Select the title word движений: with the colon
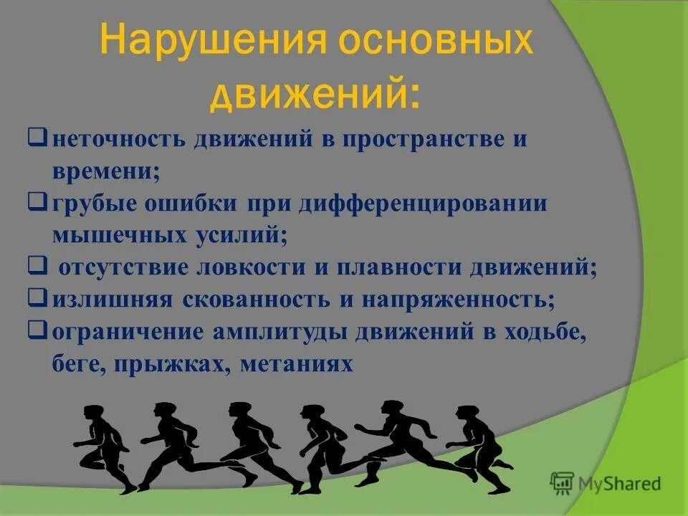coord(315,94)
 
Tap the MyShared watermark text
coord(622,483)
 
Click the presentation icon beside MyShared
coord(563,483)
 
